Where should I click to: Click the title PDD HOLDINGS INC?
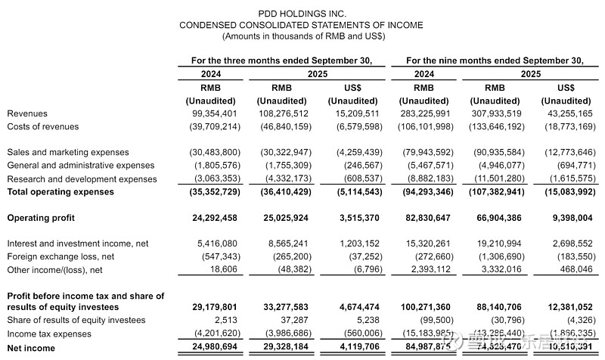(301, 14)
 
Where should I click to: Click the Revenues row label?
(27, 113)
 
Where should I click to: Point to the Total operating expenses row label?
(60, 192)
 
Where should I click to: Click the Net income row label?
(30, 349)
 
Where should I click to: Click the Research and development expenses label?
(82, 179)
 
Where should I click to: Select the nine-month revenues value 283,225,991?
(425, 113)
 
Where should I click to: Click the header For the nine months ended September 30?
(495, 61)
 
